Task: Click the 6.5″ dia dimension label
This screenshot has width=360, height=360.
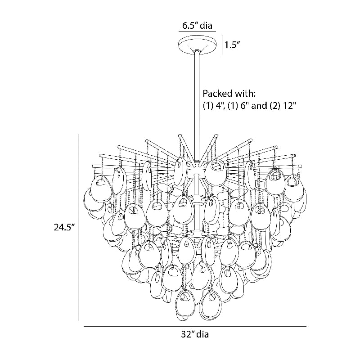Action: tap(198, 25)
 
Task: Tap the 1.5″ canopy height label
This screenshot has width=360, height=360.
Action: tap(232, 45)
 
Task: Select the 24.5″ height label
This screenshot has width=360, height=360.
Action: tap(64, 227)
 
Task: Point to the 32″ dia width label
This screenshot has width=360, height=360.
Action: tap(195, 334)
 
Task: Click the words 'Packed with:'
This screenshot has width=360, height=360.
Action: tap(229, 94)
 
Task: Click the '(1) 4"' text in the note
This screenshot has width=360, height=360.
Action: tap(214, 106)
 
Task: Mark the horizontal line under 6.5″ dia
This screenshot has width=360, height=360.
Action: tap(197, 31)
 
